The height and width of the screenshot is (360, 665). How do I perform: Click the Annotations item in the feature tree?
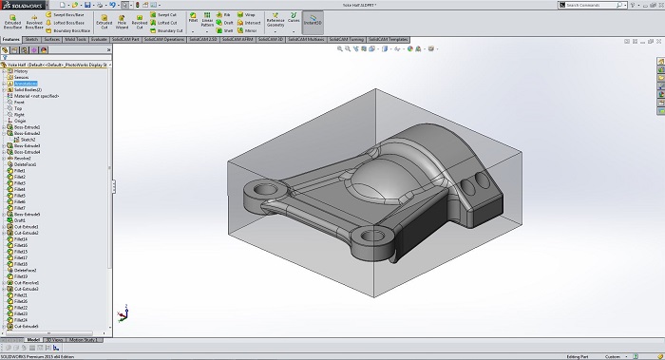point(26,84)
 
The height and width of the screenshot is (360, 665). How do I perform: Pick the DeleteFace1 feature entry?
point(27,164)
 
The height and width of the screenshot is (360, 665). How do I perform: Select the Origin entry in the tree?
point(20,120)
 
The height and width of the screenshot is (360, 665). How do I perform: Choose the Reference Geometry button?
point(275,21)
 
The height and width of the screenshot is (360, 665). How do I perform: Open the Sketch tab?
point(30,40)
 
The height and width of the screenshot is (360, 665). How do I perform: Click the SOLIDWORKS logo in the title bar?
point(21,5)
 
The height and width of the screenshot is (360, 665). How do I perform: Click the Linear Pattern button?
point(207,21)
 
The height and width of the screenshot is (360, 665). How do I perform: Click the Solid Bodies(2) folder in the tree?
point(28,89)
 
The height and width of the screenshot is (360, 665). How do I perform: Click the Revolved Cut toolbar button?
point(139,21)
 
